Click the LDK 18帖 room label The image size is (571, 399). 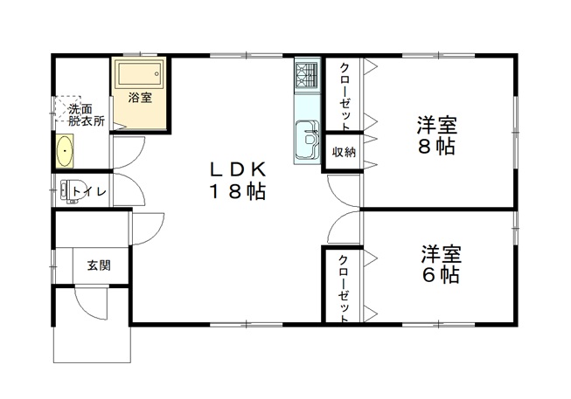[237, 181]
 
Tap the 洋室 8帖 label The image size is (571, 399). [437, 135]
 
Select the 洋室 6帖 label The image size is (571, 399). [442, 265]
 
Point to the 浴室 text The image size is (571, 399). [140, 97]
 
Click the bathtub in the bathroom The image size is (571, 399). [139, 74]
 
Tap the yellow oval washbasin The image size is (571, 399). [65, 151]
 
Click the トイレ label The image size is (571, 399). [89, 191]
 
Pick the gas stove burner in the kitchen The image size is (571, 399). [307, 76]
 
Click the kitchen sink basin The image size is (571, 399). [308, 139]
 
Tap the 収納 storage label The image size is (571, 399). [344, 152]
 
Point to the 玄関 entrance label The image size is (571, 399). [99, 265]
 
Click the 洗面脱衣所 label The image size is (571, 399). [87, 114]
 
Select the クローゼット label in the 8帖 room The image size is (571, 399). [345, 96]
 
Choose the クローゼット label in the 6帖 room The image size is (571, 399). [344, 288]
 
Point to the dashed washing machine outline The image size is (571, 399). [67, 108]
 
